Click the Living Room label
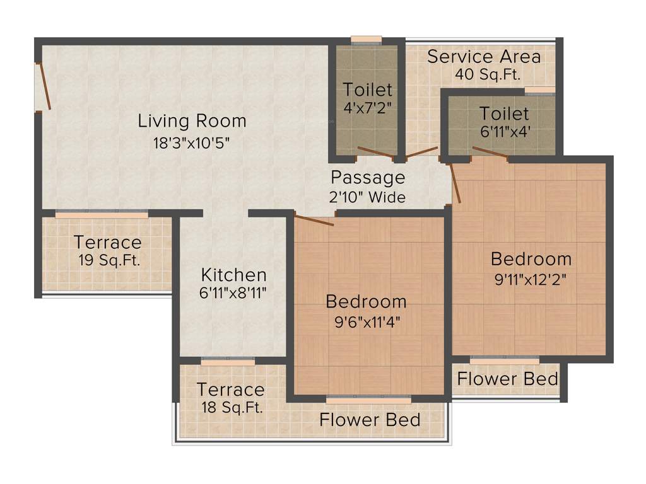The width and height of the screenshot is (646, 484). (x=192, y=120)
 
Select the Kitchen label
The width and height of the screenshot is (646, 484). (x=233, y=275)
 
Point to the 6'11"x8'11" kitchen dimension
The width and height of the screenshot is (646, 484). (x=233, y=293)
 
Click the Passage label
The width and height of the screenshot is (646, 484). (x=368, y=177)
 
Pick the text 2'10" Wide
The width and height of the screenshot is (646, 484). (x=368, y=197)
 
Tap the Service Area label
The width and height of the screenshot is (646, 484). (x=484, y=56)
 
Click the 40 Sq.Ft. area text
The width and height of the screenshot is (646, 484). (x=488, y=74)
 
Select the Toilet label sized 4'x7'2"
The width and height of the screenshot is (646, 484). (x=368, y=89)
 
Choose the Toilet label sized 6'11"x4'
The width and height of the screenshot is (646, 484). (x=504, y=113)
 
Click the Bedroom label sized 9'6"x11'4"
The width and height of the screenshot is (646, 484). (x=366, y=301)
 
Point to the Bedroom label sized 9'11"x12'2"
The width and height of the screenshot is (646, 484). (x=531, y=258)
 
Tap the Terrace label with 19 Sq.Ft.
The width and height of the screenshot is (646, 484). (x=107, y=242)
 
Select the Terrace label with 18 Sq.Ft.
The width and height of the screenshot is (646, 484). (x=230, y=389)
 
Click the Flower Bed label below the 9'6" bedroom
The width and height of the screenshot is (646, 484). (x=370, y=419)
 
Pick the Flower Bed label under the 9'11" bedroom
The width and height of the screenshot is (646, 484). (x=507, y=379)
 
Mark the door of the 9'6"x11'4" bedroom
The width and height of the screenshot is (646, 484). (x=314, y=219)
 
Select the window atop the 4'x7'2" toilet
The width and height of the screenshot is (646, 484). (x=367, y=40)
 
